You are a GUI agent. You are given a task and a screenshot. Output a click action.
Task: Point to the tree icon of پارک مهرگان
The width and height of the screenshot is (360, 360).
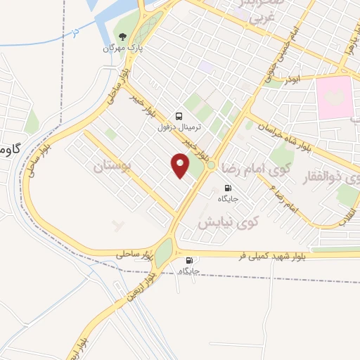(123, 37)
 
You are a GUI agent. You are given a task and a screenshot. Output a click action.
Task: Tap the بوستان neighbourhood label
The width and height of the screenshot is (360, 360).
(112, 167)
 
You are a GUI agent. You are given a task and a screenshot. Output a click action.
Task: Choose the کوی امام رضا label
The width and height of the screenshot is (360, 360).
(255, 169)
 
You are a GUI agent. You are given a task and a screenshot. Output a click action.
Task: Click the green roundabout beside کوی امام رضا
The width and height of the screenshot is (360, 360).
(211, 165)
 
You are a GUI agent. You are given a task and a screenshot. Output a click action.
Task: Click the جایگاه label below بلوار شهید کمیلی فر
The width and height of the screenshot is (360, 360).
(190, 271)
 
